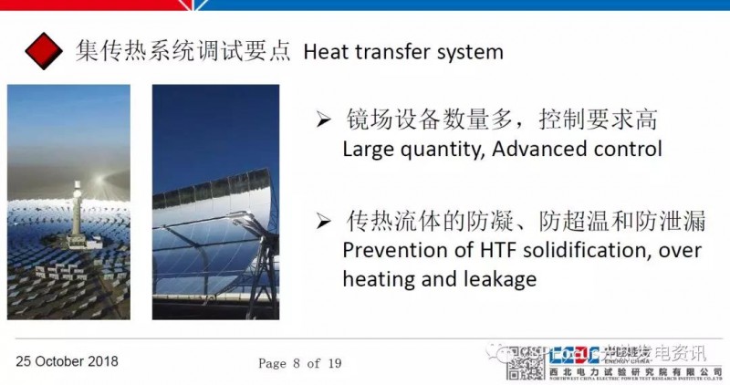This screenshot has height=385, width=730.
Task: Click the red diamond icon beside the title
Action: point(44,51)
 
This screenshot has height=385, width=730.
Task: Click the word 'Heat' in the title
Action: point(325,52)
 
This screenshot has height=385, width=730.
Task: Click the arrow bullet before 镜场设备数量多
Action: point(320,120)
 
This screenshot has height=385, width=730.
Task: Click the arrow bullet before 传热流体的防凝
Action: point(320,222)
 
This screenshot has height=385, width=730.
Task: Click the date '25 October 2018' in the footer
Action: point(67,361)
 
